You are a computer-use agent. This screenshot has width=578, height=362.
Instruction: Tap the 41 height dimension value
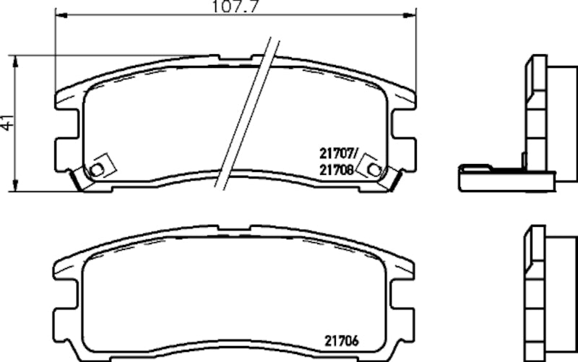click(x=7, y=123)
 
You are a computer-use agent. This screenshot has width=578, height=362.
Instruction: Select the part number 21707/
click(x=338, y=152)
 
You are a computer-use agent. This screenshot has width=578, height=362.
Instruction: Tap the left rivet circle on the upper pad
click(x=97, y=169)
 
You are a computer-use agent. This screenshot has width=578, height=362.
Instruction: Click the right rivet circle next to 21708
click(x=373, y=169)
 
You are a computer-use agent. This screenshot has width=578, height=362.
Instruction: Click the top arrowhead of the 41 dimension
click(x=16, y=60)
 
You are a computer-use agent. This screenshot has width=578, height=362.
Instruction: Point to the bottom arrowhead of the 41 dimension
click(x=16, y=187)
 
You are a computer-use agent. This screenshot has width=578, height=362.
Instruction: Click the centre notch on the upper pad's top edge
click(x=236, y=56)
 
